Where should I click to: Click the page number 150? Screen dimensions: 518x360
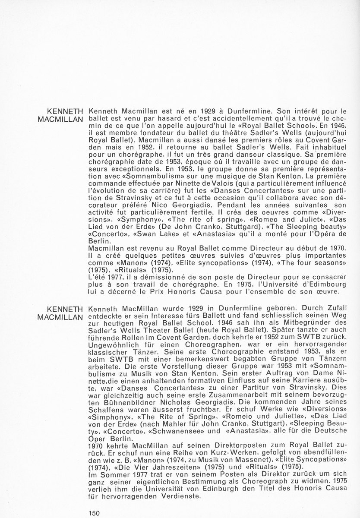tap(95, 513)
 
